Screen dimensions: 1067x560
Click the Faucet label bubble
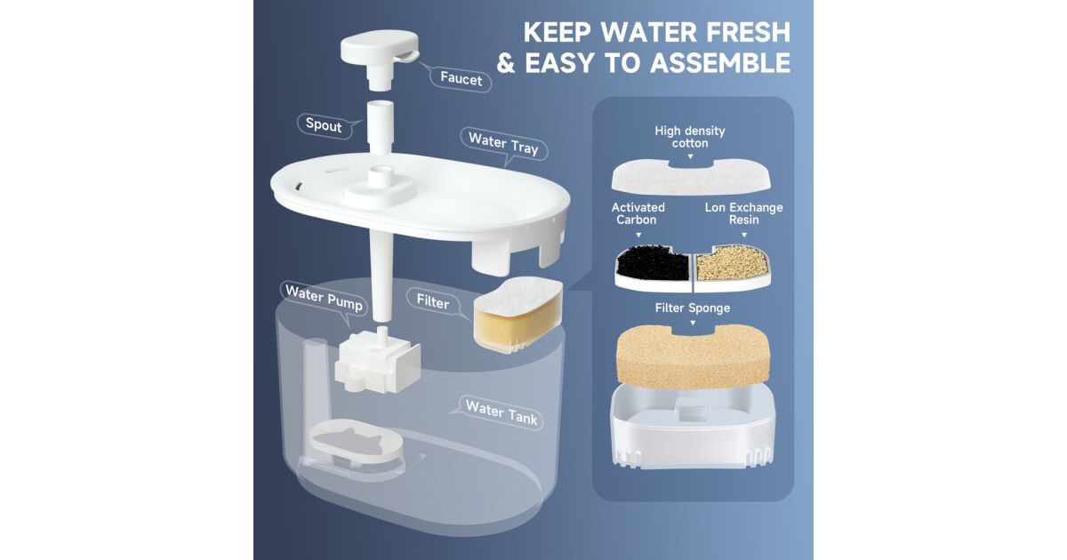(x=461, y=78)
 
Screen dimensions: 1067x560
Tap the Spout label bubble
(x=324, y=125)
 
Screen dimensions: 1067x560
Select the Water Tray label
(x=503, y=144)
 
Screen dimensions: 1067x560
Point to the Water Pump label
(x=325, y=298)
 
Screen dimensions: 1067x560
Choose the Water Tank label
(x=501, y=412)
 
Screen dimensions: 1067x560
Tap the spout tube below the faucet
(x=381, y=126)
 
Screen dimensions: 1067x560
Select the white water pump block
(x=377, y=362)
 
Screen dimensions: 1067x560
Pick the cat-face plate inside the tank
(x=357, y=441)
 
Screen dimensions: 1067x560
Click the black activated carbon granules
(x=653, y=263)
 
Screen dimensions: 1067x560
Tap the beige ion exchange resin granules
(x=731, y=263)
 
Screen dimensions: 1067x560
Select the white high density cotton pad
(x=691, y=177)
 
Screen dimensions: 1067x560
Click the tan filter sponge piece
(x=693, y=356)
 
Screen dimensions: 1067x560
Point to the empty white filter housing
(x=693, y=426)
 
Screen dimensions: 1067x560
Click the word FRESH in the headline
(x=749, y=32)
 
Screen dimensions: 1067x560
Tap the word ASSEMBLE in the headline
(x=720, y=63)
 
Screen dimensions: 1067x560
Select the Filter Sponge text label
(x=692, y=308)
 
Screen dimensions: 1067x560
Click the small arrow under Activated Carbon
(x=638, y=235)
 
